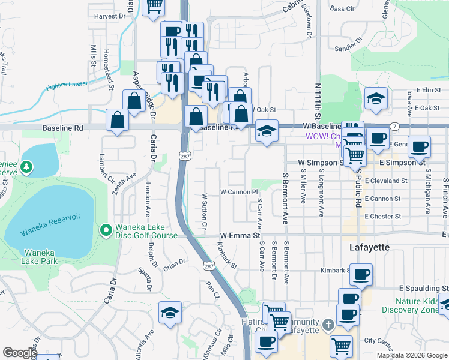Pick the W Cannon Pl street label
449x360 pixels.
point(239,193)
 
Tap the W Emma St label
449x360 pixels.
point(239,236)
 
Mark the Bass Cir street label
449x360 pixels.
point(342,9)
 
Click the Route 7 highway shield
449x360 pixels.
point(394,127)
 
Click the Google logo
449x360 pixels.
point(20,353)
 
